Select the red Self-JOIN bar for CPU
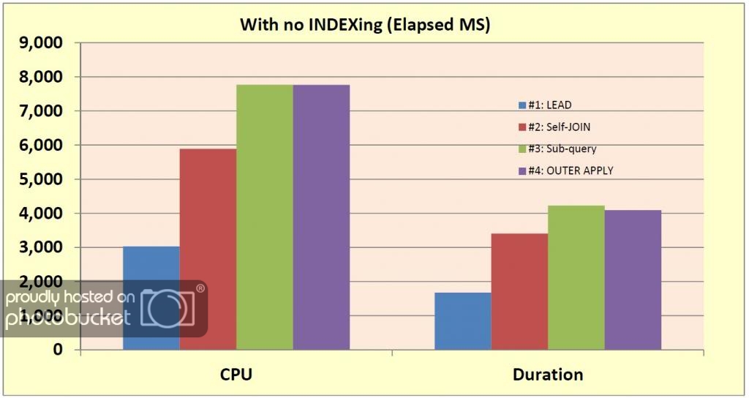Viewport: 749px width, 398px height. tap(208, 249)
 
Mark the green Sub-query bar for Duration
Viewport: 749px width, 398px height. tap(576, 277)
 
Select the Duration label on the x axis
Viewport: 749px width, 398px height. tap(549, 375)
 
